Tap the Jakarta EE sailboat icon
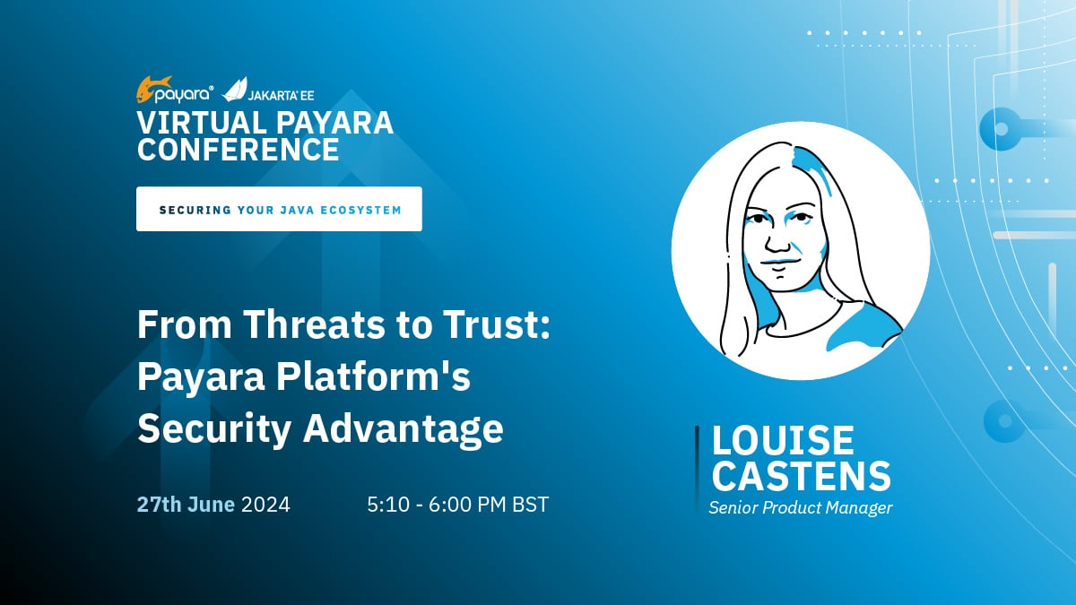click(x=234, y=90)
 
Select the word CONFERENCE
click(x=239, y=149)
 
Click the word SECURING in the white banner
click(x=195, y=211)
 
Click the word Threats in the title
click(x=315, y=324)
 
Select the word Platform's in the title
click(x=373, y=376)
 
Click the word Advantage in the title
click(x=403, y=429)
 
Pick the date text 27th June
click(x=186, y=505)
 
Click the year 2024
click(x=265, y=505)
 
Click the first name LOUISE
click(x=783, y=440)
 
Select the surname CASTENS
click(x=802, y=476)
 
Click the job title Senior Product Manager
click(x=800, y=507)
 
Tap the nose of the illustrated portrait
click(x=777, y=240)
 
